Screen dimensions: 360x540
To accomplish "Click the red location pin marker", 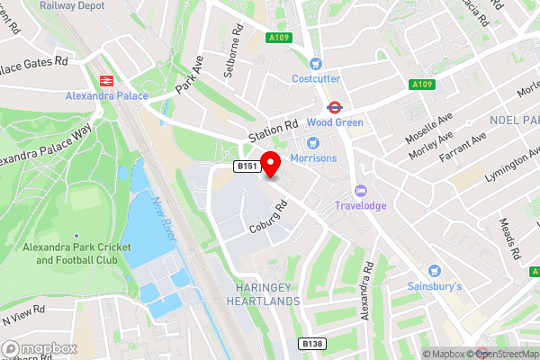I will coord(273,166).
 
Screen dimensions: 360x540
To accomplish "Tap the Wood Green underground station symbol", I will coord(333,104).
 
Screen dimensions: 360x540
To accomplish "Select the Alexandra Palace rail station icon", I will coord(106,79).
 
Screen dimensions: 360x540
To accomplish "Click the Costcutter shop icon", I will coord(315,63).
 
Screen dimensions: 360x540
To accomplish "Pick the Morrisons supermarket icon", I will coord(312,142).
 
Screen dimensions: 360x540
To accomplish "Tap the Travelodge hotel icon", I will coord(361,190).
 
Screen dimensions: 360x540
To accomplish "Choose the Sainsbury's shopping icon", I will coord(436,271).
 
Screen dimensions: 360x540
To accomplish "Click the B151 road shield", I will coord(247,166).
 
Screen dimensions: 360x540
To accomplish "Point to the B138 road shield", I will coord(311,344).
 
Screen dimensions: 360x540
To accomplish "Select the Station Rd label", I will coord(272,131).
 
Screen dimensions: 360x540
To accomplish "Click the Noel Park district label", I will coord(514,120).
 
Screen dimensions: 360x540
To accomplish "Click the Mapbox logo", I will coord(37,347).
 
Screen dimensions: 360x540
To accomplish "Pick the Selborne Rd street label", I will coord(237,40).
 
